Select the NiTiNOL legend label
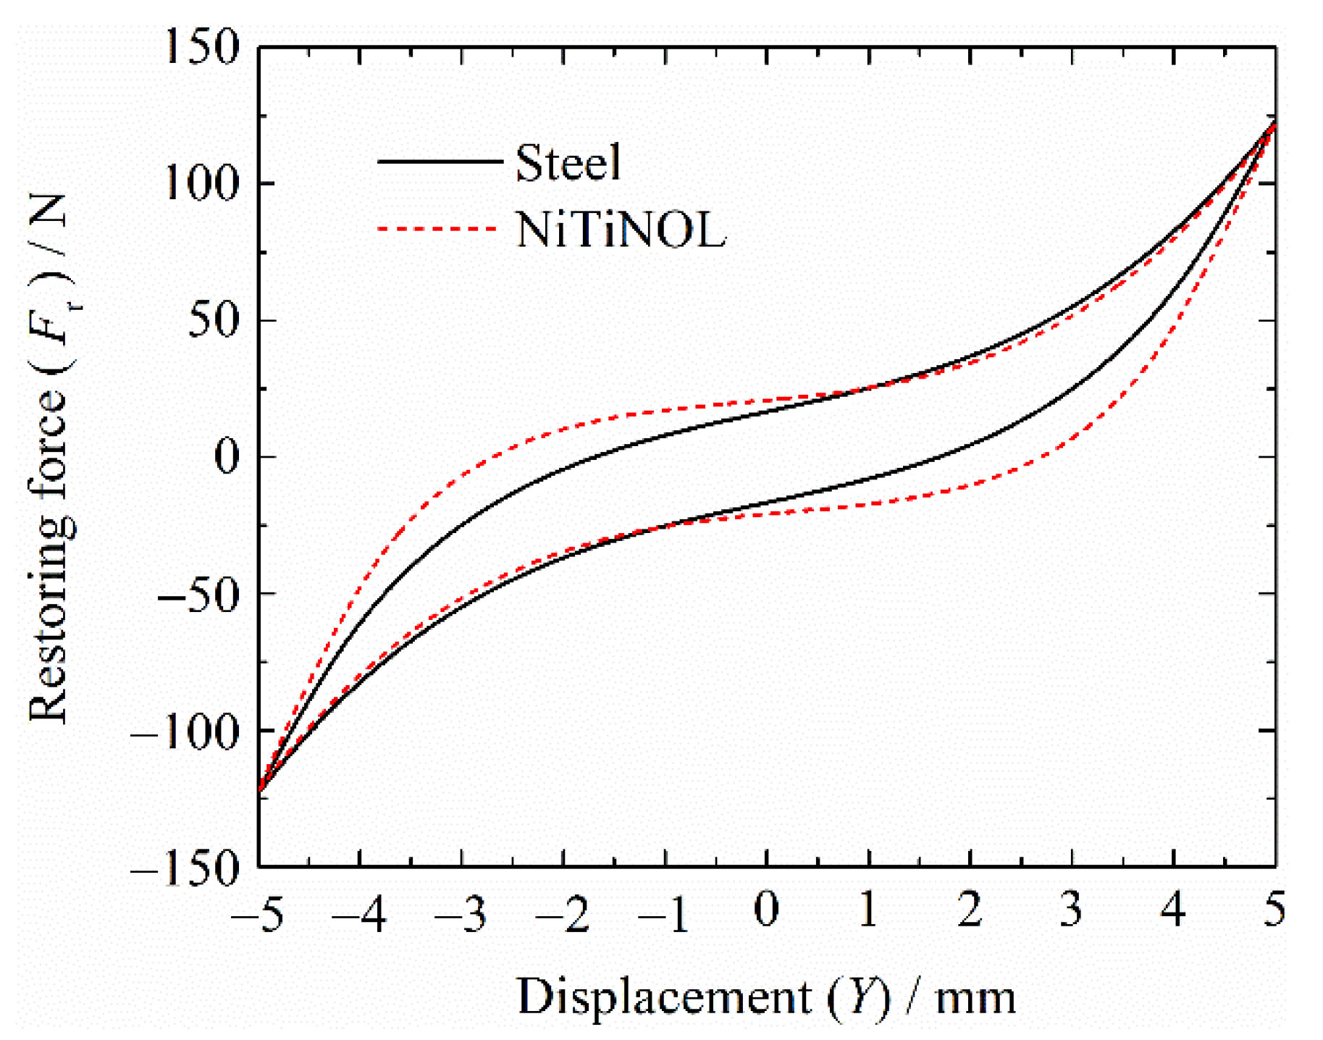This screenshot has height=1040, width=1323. click(x=620, y=230)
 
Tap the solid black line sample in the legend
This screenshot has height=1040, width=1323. click(x=439, y=161)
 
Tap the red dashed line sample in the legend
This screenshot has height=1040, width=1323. click(x=437, y=228)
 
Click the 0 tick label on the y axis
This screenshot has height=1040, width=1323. click(x=226, y=457)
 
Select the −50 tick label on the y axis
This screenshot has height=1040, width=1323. click(x=197, y=594)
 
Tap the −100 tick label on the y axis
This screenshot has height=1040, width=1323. click(x=185, y=731)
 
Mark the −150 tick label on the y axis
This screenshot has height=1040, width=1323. click(x=185, y=867)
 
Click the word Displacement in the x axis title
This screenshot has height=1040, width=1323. click(x=664, y=997)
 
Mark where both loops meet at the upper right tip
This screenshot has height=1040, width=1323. click(x=1274, y=123)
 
